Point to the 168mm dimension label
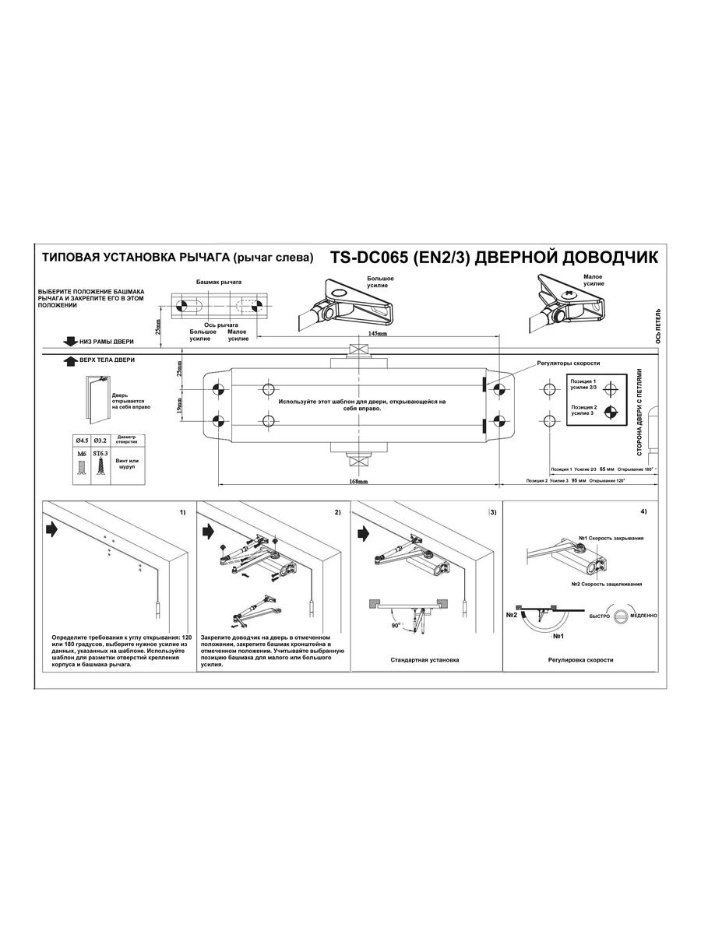[359, 482]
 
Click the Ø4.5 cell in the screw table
[80, 441]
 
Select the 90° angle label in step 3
[396, 624]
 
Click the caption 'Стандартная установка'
[424, 660]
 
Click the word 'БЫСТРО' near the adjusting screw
[599, 615]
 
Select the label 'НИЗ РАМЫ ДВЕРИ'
[105, 342]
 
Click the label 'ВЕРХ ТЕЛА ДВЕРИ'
[106, 360]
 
